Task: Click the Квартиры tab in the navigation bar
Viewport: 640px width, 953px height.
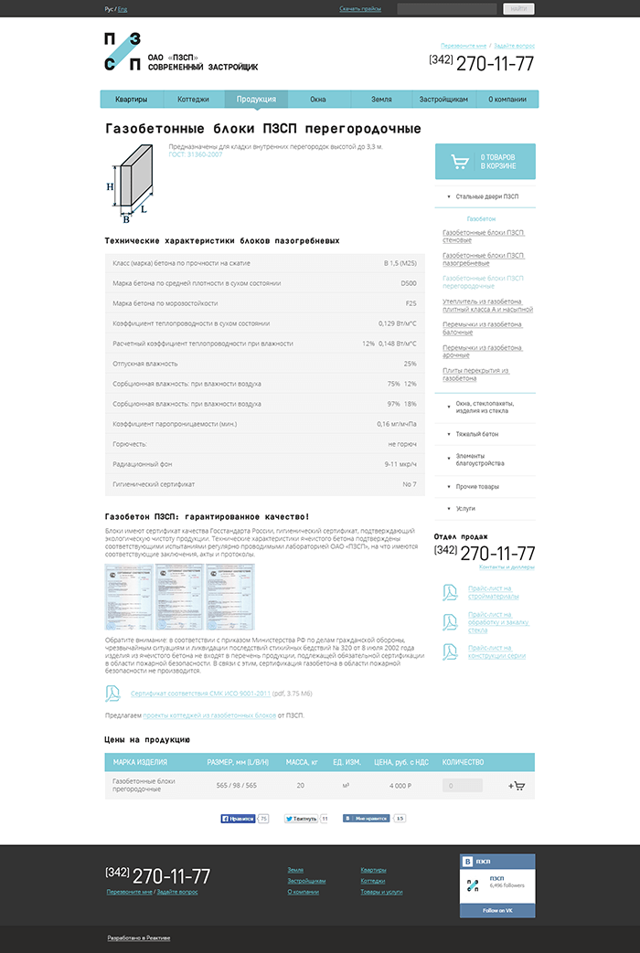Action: [131, 99]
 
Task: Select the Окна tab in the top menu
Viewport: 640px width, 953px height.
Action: [317, 99]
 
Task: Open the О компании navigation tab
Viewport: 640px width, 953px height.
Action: [507, 99]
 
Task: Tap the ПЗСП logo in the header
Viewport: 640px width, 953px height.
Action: [123, 51]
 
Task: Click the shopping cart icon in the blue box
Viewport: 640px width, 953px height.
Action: [458, 162]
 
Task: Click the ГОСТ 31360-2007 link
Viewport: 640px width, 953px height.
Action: [196, 154]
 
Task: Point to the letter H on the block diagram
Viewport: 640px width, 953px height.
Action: [111, 186]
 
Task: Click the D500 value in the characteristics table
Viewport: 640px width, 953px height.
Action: [409, 283]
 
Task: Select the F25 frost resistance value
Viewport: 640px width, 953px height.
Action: [411, 303]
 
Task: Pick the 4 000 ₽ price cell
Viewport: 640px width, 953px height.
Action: [400, 786]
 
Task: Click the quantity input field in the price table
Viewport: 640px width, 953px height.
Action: [462, 786]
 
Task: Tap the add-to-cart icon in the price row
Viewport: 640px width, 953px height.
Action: [517, 786]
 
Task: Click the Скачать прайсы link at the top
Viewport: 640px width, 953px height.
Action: [360, 9]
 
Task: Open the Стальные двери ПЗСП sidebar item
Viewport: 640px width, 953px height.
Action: [486, 196]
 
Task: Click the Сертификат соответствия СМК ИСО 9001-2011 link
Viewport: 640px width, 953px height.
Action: [200, 694]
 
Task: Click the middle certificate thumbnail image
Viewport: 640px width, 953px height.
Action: [180, 597]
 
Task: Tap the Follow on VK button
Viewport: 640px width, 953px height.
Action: [497, 910]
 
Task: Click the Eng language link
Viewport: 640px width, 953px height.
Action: [123, 9]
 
